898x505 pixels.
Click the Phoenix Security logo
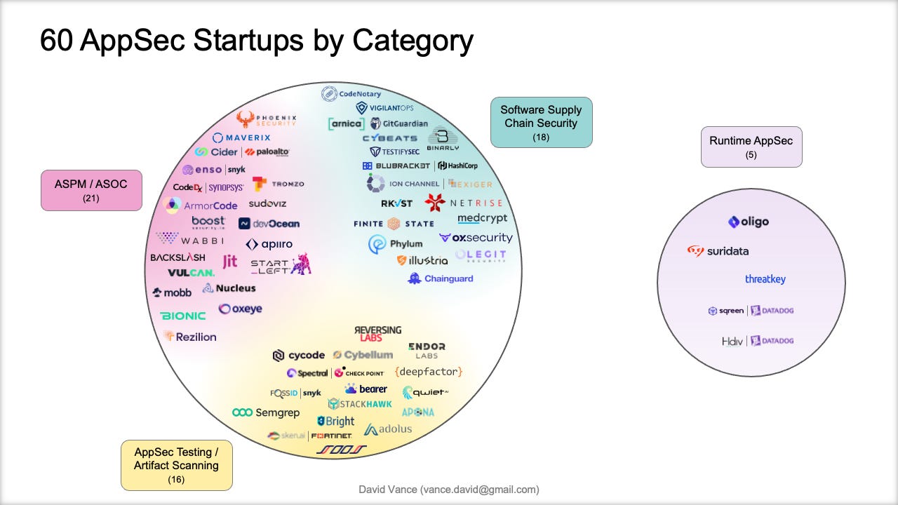[267, 119]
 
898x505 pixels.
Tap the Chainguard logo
[440, 278]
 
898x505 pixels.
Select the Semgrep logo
[266, 412]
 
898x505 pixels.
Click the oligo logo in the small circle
[749, 222]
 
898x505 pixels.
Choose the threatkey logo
[765, 279]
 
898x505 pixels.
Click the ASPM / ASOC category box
[91, 190]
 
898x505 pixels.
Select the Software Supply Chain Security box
[541, 122]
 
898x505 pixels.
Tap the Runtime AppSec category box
[751, 147]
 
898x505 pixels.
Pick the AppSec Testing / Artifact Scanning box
[176, 464]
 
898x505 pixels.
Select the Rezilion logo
[190, 337]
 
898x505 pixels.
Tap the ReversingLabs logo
[378, 333]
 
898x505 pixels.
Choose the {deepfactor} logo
[429, 372]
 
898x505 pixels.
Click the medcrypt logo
[482, 218]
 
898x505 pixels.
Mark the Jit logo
[229, 262]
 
